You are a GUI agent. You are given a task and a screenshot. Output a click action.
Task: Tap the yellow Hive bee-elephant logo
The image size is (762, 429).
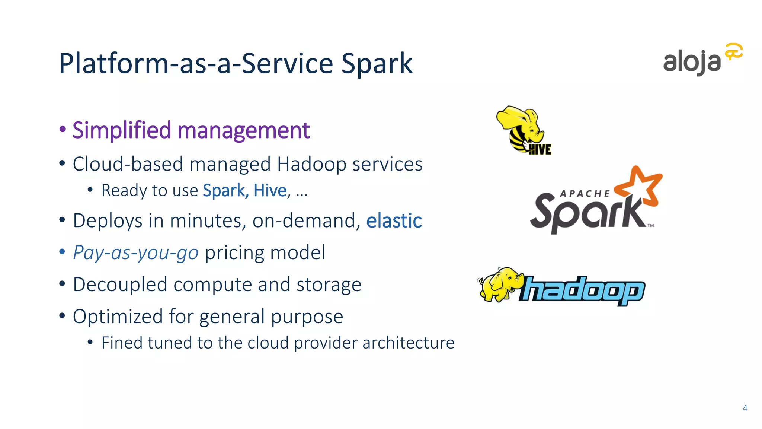pyautogui.click(x=523, y=129)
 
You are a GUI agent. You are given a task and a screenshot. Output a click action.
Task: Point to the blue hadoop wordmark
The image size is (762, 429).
pyautogui.click(x=583, y=290)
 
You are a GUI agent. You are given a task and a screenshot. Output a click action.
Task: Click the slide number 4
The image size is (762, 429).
pyautogui.click(x=745, y=408)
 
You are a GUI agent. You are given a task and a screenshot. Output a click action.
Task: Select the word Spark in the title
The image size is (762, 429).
pyautogui.click(x=377, y=64)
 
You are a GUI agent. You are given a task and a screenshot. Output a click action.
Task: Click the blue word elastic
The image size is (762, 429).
pyautogui.click(x=394, y=220)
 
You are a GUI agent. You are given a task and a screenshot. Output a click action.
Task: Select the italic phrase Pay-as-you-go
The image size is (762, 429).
pyautogui.click(x=136, y=253)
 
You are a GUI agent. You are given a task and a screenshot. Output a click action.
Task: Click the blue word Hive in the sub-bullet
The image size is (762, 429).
pyautogui.click(x=270, y=191)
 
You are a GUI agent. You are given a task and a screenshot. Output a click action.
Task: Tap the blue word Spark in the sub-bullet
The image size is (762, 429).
pyautogui.click(x=224, y=191)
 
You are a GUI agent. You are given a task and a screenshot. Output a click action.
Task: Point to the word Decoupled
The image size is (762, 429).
pyautogui.click(x=120, y=285)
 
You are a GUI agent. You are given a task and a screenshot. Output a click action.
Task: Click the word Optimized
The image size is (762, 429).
pyautogui.click(x=118, y=317)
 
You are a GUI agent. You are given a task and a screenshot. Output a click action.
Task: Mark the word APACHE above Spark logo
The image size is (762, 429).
pyautogui.click(x=585, y=194)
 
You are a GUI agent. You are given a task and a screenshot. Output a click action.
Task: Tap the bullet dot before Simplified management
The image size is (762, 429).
pyautogui.click(x=63, y=130)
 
